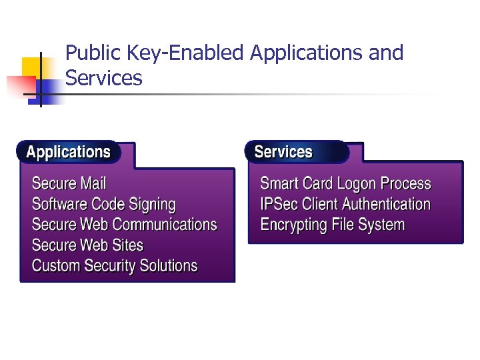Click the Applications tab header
click(68, 152)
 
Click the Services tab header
click(283, 152)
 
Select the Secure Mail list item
click(69, 183)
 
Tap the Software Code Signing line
click(103, 204)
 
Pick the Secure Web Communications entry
click(124, 225)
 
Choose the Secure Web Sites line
click(87, 245)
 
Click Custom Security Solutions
click(115, 266)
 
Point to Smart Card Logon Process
click(345, 183)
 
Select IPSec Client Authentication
click(345, 204)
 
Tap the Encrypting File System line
click(332, 225)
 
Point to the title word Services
click(104, 79)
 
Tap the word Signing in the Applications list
click(152, 205)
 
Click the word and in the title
click(386, 53)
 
